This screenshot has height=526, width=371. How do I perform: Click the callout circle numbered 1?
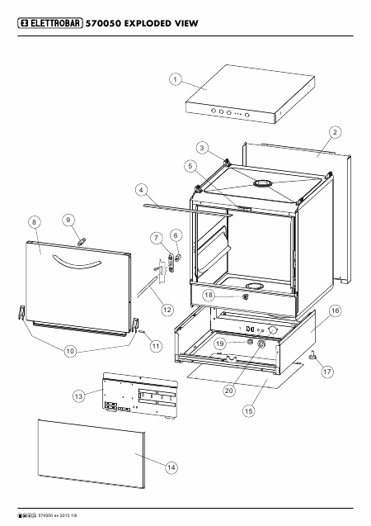coord(175,79)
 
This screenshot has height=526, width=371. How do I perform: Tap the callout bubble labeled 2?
coord(336,132)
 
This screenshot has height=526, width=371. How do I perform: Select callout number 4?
coord(141,190)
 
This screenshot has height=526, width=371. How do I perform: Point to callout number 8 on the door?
coord(35,222)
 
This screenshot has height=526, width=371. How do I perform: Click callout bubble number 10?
coord(70,351)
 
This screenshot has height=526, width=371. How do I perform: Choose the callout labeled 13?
coord(78,396)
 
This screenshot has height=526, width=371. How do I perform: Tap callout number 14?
coord(171,467)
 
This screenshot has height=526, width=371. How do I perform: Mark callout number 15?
coord(248,411)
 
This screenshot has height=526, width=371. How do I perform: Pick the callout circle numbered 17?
coord(327,372)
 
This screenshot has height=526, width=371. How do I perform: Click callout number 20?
coord(229,391)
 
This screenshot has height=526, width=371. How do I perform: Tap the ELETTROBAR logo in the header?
coord(50,23)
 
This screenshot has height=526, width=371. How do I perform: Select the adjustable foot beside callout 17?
coord(314,355)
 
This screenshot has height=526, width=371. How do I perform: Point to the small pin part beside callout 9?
coord(82,241)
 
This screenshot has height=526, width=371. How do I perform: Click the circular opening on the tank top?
coord(263,183)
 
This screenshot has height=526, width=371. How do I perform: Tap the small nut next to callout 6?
coord(178,258)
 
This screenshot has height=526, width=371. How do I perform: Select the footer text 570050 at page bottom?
coord(44,515)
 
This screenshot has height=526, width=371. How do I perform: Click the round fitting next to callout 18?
coord(246,296)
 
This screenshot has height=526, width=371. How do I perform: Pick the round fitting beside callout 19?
coord(250,342)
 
